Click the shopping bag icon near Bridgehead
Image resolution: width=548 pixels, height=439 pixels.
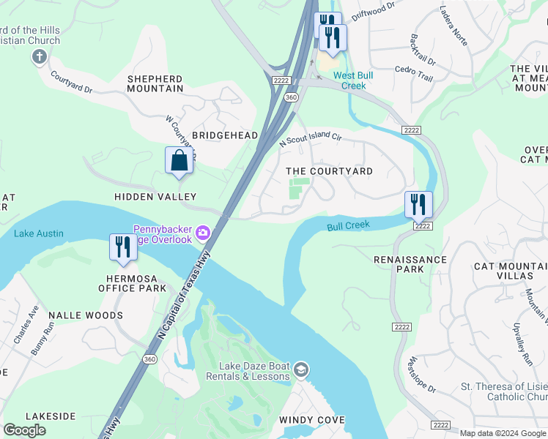click(x=179, y=160)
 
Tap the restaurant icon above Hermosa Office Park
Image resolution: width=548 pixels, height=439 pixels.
click(x=122, y=247)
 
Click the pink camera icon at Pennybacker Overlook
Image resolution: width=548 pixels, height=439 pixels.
click(x=203, y=234)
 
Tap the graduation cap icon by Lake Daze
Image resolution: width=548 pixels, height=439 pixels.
click(x=301, y=371)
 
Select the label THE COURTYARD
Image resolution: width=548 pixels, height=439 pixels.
click(x=329, y=171)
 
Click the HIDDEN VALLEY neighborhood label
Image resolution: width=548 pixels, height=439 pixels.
click(x=155, y=197)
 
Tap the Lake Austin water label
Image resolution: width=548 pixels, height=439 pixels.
click(x=39, y=233)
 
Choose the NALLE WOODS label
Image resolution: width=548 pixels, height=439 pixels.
click(x=86, y=315)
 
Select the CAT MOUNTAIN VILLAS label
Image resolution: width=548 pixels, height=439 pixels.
click(x=503, y=271)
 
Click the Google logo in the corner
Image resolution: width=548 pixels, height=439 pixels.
click(x=25, y=429)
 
